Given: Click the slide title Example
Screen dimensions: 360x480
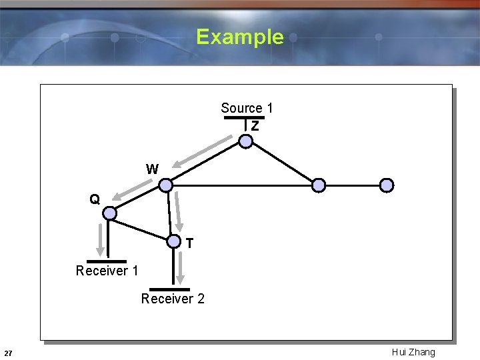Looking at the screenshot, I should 240,37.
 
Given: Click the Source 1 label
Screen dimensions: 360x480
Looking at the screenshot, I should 247,108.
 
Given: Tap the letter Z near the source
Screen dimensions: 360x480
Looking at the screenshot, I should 255,125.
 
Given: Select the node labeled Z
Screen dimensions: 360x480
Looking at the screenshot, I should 246,141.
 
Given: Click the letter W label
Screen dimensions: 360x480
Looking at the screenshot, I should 152,169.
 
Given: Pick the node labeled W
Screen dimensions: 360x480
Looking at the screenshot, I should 166,185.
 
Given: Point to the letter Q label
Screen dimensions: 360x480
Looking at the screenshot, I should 95,199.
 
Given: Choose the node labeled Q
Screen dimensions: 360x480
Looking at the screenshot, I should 110,213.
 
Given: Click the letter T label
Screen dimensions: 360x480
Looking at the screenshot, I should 190,244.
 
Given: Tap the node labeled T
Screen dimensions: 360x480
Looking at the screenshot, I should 173,241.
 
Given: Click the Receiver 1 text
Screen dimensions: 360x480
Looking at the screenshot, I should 107,271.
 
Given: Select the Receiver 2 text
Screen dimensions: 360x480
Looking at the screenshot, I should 173,299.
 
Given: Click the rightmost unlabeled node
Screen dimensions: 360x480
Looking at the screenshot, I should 387,185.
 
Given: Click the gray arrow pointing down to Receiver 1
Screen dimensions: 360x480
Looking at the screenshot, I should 101,238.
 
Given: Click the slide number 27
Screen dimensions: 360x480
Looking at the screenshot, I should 7,353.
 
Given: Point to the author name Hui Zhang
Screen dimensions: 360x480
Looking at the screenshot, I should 413,352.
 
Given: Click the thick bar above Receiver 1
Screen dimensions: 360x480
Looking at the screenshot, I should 106,261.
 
